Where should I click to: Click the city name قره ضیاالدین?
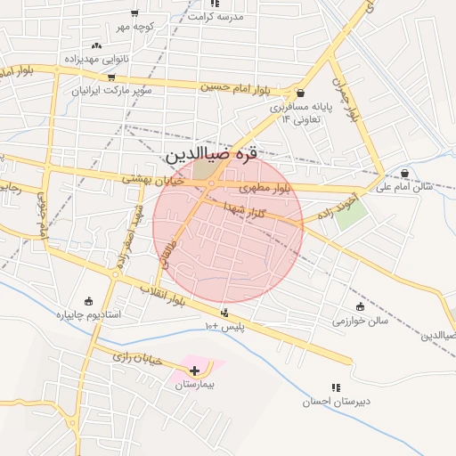[211, 154]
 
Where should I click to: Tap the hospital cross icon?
[195, 370]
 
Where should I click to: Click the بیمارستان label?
[196, 387]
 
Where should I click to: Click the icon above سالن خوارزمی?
[361, 306]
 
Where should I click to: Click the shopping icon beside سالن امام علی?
[405, 173]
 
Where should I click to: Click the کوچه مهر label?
[134, 27]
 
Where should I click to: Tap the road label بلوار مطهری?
[265, 189]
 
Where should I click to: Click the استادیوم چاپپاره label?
[88, 314]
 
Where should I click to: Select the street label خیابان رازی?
[138, 359]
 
